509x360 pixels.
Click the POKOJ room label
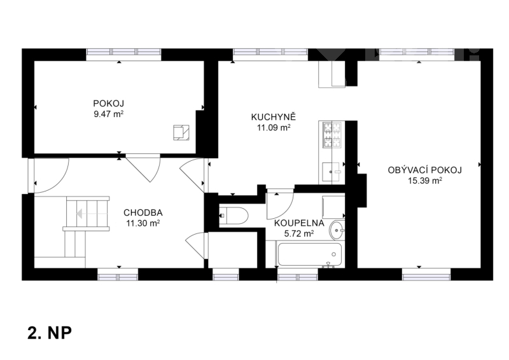tap(108, 104)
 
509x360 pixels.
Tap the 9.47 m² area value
tap(108, 114)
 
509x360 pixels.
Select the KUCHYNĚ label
tap(274, 116)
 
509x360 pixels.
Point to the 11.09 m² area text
tap(274, 128)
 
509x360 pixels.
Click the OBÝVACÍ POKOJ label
tap(425, 170)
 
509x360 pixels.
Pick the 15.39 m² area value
tap(425, 181)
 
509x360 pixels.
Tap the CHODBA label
tap(143, 213)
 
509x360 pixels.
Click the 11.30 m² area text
tap(143, 223)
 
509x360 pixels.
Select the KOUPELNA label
tap(299, 223)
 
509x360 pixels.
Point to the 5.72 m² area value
tap(299, 233)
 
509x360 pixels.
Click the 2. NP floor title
tap(50, 333)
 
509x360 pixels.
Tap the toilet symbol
tap(234, 216)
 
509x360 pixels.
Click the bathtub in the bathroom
tap(310, 255)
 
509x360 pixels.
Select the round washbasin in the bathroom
tap(337, 230)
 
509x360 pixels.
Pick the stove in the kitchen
tap(331, 134)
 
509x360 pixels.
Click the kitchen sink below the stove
tap(331, 172)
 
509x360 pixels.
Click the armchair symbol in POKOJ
tap(181, 132)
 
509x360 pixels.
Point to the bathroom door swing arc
tap(285, 212)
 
